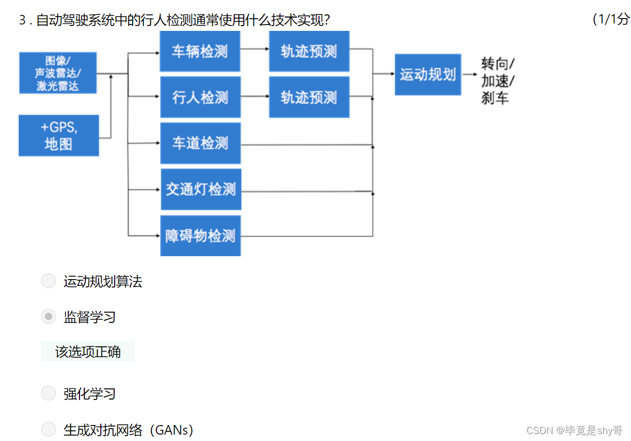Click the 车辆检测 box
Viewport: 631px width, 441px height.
(x=200, y=51)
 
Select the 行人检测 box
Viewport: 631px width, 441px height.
(x=200, y=97)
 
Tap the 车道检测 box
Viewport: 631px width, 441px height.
(x=200, y=143)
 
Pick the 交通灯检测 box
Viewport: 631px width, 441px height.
(x=201, y=189)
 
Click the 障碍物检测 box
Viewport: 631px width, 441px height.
(x=200, y=235)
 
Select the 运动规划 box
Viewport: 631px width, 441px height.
(x=428, y=75)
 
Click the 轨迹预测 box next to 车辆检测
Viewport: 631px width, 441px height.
(x=309, y=51)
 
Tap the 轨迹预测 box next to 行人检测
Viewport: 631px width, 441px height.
(x=309, y=97)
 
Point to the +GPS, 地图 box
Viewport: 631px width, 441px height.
(x=59, y=135)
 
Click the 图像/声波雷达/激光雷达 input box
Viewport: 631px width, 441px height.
(x=58, y=73)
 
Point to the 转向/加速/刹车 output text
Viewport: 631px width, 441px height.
(x=497, y=81)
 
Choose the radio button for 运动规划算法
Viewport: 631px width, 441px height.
(x=49, y=281)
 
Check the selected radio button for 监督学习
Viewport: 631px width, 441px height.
(x=49, y=317)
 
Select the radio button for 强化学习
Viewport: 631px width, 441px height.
(x=49, y=394)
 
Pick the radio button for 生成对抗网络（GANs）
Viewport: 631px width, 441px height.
(x=49, y=429)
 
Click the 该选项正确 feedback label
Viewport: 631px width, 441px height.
(x=87, y=352)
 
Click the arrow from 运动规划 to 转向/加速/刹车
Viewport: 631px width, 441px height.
(x=470, y=75)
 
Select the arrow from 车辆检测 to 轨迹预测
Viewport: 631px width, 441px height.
(x=254, y=49)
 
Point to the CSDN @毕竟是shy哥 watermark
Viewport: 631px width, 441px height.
(x=574, y=430)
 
